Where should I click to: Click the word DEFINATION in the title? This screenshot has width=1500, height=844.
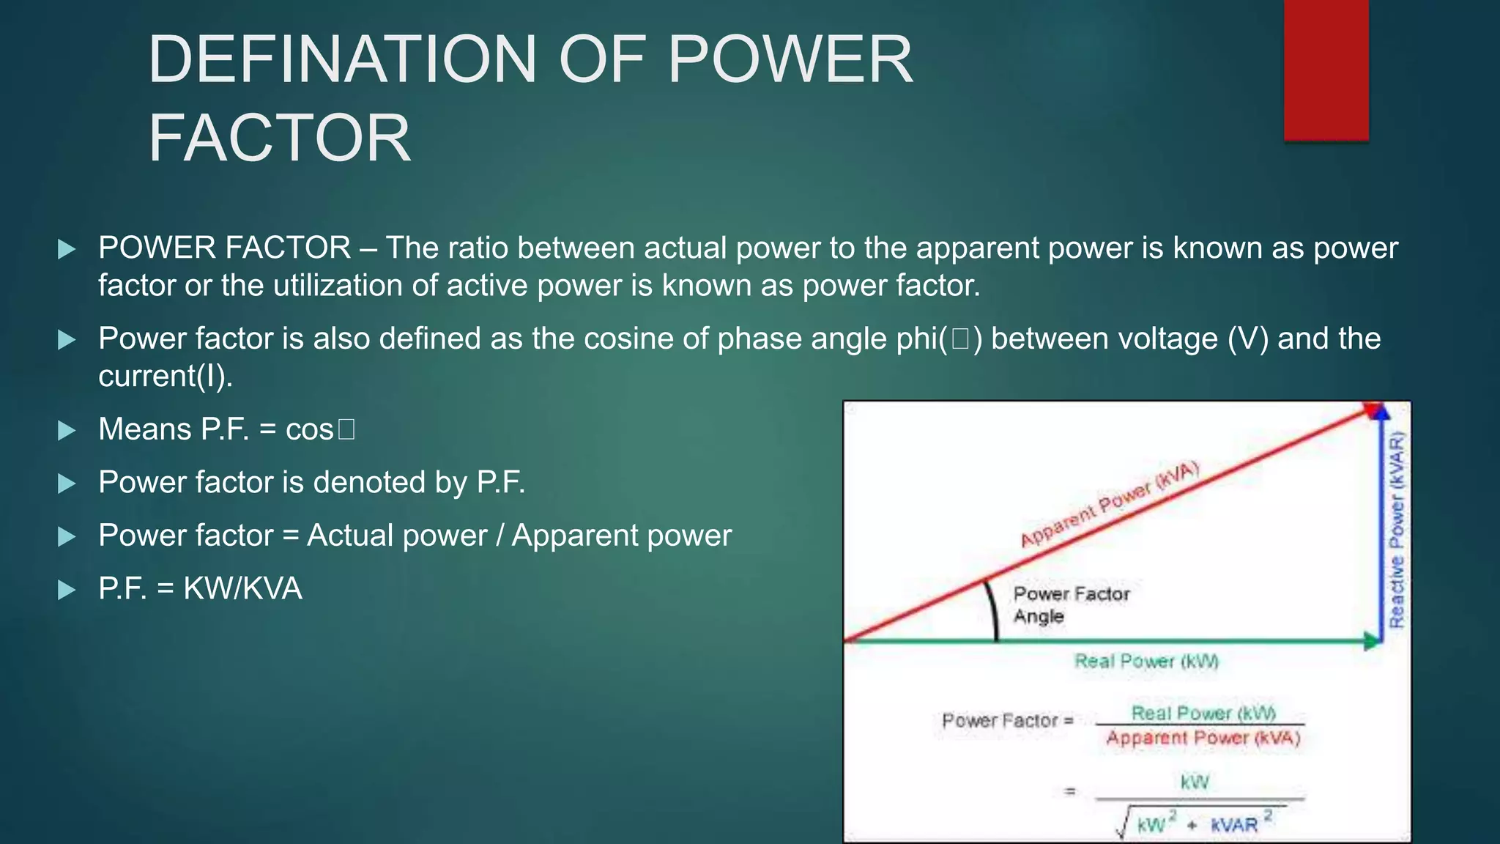pos(343,60)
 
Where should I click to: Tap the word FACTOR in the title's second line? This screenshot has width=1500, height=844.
pos(279,138)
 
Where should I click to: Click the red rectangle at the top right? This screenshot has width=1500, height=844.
pos(1326,70)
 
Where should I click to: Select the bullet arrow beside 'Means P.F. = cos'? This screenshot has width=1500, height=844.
pos(67,430)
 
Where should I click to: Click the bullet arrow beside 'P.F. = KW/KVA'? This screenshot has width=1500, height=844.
pos(67,590)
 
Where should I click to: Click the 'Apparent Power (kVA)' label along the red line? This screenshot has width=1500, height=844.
pos(1109,505)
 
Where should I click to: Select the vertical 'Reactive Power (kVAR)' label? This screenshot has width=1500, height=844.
pos(1397,529)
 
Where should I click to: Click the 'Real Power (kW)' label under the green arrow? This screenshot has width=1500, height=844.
pos(1146,662)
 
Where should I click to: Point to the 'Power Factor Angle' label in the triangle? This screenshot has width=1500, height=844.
pos(1070,604)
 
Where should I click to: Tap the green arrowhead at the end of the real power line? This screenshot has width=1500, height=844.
pos(1370,642)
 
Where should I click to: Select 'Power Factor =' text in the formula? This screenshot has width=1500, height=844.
pos(1007,721)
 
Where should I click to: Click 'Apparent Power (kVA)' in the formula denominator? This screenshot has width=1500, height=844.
pos(1203,738)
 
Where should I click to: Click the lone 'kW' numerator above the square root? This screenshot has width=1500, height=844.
pos(1195,782)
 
